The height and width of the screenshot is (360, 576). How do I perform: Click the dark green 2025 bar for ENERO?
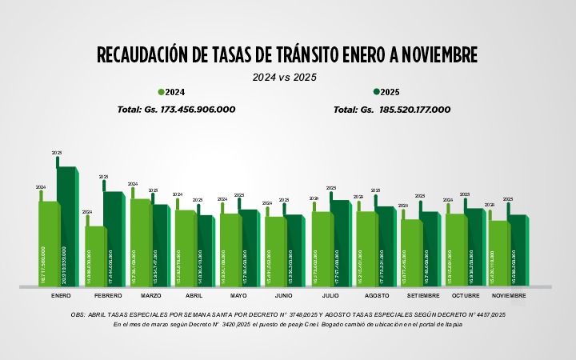point(67,228)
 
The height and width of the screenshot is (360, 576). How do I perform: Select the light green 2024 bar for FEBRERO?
point(95,256)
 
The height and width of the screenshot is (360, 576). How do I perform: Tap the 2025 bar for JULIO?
point(340,244)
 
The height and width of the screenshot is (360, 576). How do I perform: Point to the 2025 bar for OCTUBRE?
point(474,247)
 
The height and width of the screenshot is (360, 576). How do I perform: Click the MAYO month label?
point(238,296)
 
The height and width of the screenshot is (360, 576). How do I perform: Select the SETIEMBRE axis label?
point(422,296)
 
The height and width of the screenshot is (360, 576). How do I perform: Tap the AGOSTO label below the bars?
point(376,296)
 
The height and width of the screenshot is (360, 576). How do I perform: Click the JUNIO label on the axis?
point(283,296)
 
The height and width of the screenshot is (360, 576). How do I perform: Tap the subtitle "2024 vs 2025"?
point(285,78)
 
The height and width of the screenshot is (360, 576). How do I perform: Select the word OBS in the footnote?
point(78,314)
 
